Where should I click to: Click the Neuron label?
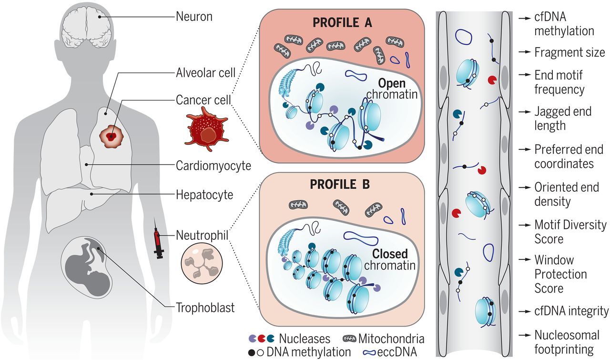194,17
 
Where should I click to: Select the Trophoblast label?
205,308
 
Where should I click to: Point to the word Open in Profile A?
392,83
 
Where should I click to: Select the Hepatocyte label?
204,195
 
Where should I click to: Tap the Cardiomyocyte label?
213,165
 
